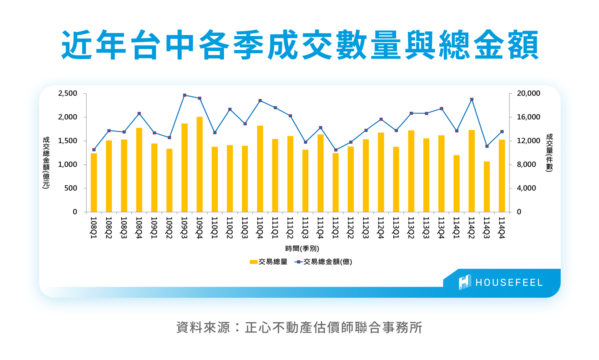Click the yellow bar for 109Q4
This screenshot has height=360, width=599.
pyautogui.click(x=200, y=164)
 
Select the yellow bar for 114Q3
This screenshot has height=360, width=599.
pyautogui.click(x=487, y=187)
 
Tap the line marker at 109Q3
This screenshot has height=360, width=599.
pyautogui.click(x=184, y=95)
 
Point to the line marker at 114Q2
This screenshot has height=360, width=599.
pyautogui.click(x=472, y=99)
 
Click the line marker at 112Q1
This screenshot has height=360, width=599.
pyautogui.click(x=336, y=150)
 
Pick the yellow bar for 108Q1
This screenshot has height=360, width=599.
pyautogui.click(x=94, y=182)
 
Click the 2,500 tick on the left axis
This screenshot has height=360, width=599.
pyautogui.click(x=67, y=93)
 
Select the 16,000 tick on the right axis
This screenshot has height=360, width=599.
pyautogui.click(x=528, y=117)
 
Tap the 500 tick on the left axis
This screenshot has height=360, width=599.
pyautogui.click(x=71, y=188)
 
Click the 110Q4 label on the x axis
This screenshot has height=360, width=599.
pyautogui.click(x=260, y=228)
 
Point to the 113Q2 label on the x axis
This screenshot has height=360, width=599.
pyautogui.click(x=411, y=228)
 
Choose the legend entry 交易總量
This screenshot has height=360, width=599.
pyautogui.click(x=269, y=262)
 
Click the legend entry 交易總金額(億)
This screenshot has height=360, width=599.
pyautogui.click(x=324, y=262)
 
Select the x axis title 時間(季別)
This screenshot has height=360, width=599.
pyautogui.click(x=302, y=249)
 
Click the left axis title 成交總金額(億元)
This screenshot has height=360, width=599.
pyautogui.click(x=46, y=162)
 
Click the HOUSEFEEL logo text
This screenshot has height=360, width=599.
pyautogui.click(x=509, y=283)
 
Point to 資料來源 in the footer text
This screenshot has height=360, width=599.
pyautogui.click(x=203, y=328)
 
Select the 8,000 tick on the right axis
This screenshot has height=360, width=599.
pyautogui.click(x=526, y=164)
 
